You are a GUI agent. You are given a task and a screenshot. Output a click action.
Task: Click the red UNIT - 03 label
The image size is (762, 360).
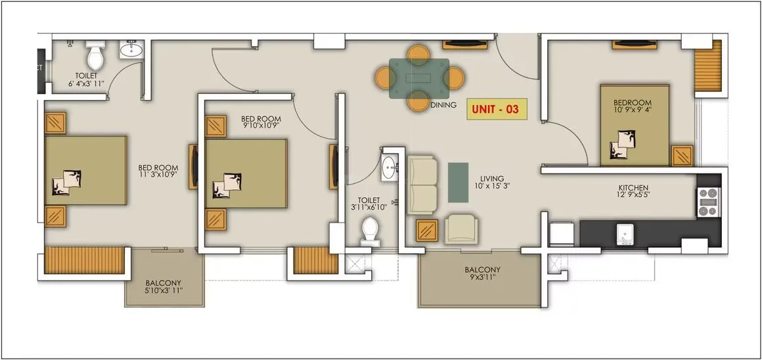pyautogui.click(x=497, y=109)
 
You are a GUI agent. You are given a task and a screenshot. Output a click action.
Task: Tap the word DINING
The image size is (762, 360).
pyautogui.click(x=443, y=105)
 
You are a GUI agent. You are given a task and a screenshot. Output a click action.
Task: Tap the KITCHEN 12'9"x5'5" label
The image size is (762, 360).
pyautogui.click(x=633, y=192)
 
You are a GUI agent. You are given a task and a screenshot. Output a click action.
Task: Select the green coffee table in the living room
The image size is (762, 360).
pyautogui.click(x=457, y=182)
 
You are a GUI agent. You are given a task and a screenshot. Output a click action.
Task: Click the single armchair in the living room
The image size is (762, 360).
pyautogui.click(x=461, y=229)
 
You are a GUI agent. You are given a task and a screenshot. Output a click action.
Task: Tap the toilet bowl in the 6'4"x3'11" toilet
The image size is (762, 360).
pyautogui.click(x=96, y=57)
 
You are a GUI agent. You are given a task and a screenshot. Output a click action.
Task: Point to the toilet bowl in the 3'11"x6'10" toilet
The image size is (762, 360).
pyautogui.click(x=370, y=231)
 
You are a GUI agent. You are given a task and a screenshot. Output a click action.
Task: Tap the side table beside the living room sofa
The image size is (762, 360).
pyautogui.click(x=428, y=230)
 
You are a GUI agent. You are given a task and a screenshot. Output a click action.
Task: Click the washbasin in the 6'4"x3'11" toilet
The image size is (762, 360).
pyautogui.click(x=131, y=50)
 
